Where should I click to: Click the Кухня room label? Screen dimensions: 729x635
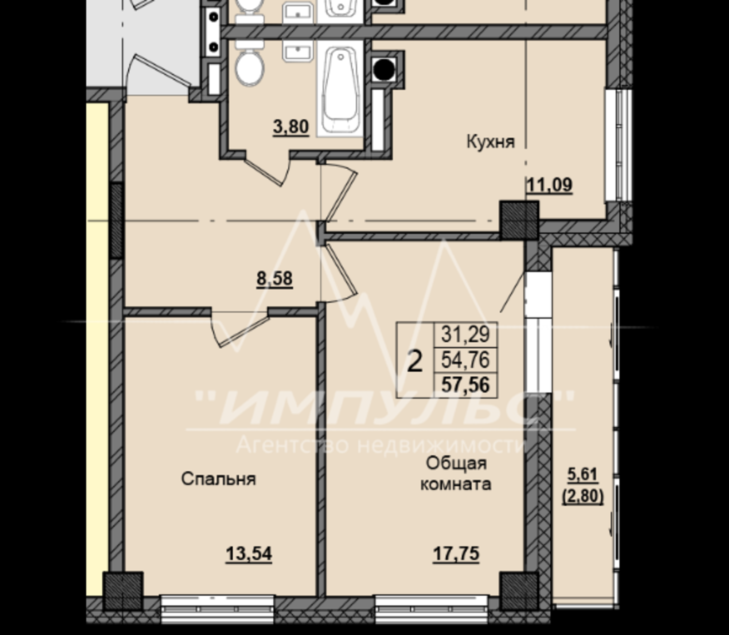[491, 141]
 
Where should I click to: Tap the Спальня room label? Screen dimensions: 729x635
[218, 479]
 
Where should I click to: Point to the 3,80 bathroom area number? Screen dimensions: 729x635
[291, 127]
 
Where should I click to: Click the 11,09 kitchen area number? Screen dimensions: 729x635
[550, 185]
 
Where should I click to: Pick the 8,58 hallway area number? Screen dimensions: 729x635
[274, 279]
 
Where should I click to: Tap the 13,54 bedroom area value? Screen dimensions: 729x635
[249, 554]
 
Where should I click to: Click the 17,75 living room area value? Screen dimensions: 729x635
[456, 554]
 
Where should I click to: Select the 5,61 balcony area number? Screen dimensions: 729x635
[583, 474]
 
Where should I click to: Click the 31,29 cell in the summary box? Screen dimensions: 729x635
[465, 334]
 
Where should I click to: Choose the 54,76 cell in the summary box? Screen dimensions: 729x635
[465, 360]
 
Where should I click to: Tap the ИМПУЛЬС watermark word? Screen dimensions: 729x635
[383, 408]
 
